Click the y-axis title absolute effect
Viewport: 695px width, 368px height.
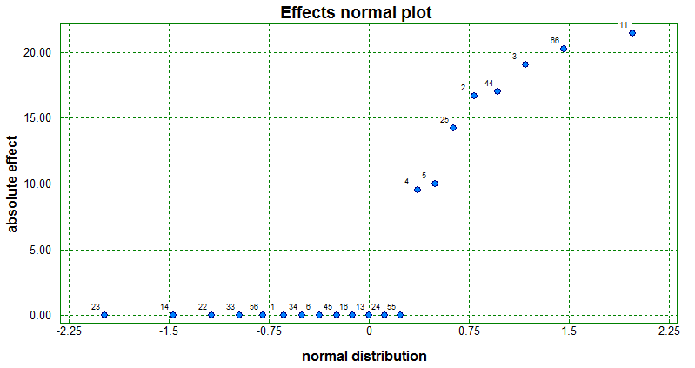tap(13, 183)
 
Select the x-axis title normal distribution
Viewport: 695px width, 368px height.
tap(364, 357)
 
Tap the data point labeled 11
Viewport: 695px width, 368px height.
tap(632, 33)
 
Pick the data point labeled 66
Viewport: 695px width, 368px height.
tap(564, 49)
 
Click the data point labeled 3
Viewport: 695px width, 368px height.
tap(525, 64)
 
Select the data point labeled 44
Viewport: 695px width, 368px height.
tap(498, 91)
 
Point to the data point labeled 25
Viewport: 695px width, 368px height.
tap(453, 128)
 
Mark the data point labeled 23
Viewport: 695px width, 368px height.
tap(104, 315)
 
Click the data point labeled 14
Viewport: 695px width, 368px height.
tap(173, 315)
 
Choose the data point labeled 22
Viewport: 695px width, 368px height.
tap(211, 315)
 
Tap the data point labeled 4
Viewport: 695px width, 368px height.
tap(418, 190)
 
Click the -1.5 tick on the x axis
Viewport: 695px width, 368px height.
tap(169, 331)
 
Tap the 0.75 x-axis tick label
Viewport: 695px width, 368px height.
tap(469, 331)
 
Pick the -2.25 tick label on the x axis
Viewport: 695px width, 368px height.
tap(69, 331)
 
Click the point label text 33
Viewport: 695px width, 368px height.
tap(231, 306)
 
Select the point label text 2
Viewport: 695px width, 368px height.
tap(464, 88)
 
